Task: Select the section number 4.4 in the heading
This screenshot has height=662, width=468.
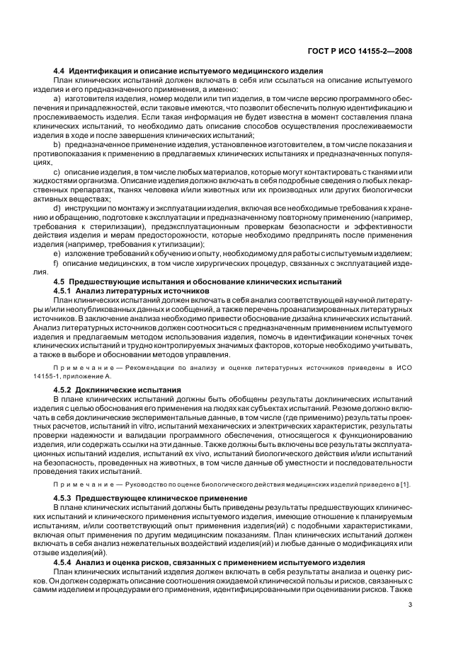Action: (60, 71)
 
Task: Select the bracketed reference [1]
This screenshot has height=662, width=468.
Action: (407, 484)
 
